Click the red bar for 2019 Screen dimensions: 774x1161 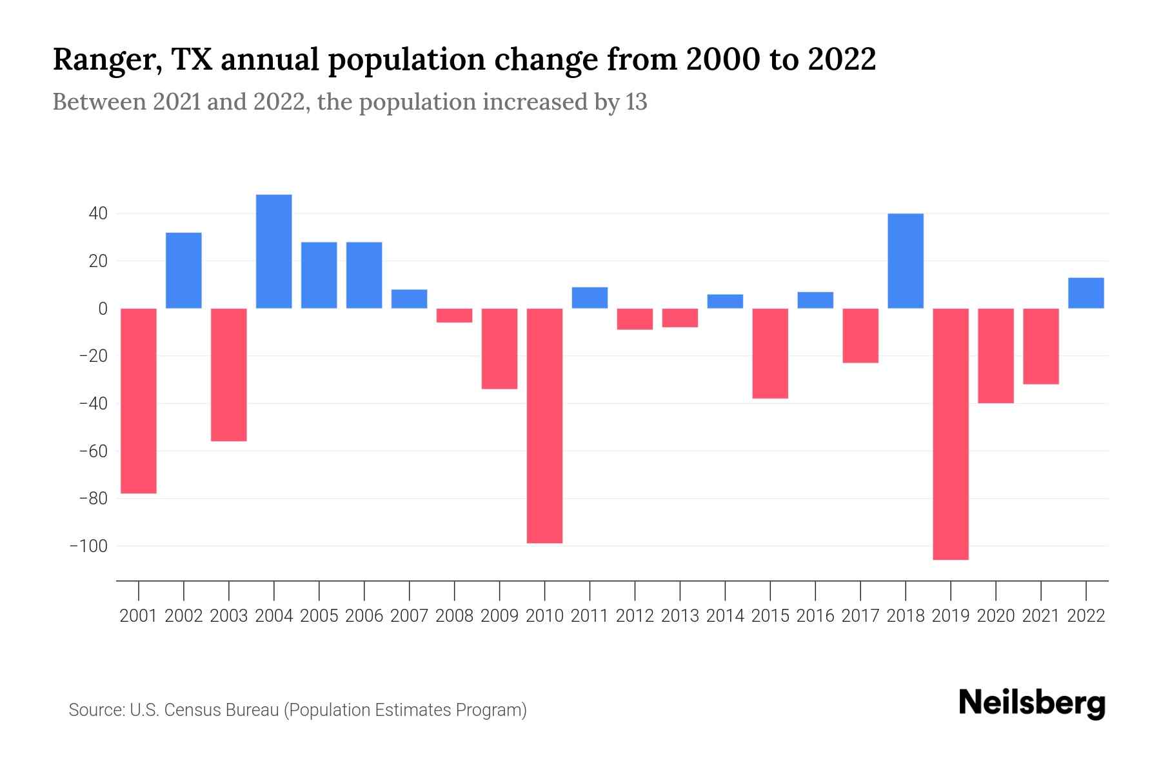[x=951, y=433]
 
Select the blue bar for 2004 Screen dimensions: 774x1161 [x=273, y=252]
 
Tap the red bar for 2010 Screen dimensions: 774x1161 [x=544, y=426]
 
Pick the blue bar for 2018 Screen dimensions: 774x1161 [x=906, y=261]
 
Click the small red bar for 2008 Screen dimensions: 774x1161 [x=454, y=315]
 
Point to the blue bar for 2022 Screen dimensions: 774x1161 [x=1086, y=293]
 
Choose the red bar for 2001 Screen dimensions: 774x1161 [x=139, y=401]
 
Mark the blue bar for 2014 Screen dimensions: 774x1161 [x=725, y=301]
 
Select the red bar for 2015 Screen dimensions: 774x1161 [x=770, y=353]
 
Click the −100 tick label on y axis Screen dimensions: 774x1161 [x=88, y=546]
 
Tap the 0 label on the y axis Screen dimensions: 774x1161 [x=103, y=309]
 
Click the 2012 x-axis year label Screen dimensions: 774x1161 [x=635, y=616]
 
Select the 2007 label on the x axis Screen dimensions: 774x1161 [x=409, y=616]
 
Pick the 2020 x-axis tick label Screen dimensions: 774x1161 [x=996, y=616]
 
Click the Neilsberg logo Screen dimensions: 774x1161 [x=1032, y=704]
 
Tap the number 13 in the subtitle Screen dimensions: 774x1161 [x=636, y=103]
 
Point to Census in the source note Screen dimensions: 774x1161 [x=195, y=710]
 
